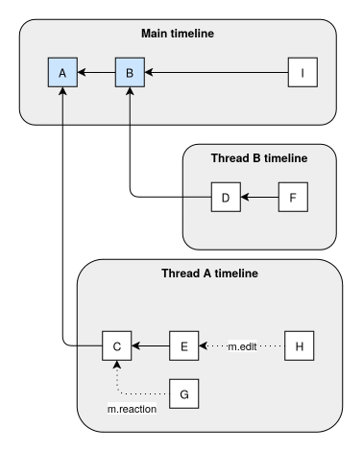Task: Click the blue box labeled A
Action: point(62,72)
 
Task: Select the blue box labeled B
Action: point(130,72)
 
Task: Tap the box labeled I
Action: point(302,72)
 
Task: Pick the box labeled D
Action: point(225,199)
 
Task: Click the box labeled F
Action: point(293,199)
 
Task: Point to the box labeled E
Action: point(183,344)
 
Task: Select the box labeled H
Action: point(300,344)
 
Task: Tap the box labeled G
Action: point(183,392)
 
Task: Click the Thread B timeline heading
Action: point(259,158)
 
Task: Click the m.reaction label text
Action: point(133,410)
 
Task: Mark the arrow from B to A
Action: point(96,72)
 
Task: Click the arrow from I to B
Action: point(216,72)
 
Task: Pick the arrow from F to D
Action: point(259,199)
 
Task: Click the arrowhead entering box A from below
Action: point(62,93)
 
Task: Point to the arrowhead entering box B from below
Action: point(130,93)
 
